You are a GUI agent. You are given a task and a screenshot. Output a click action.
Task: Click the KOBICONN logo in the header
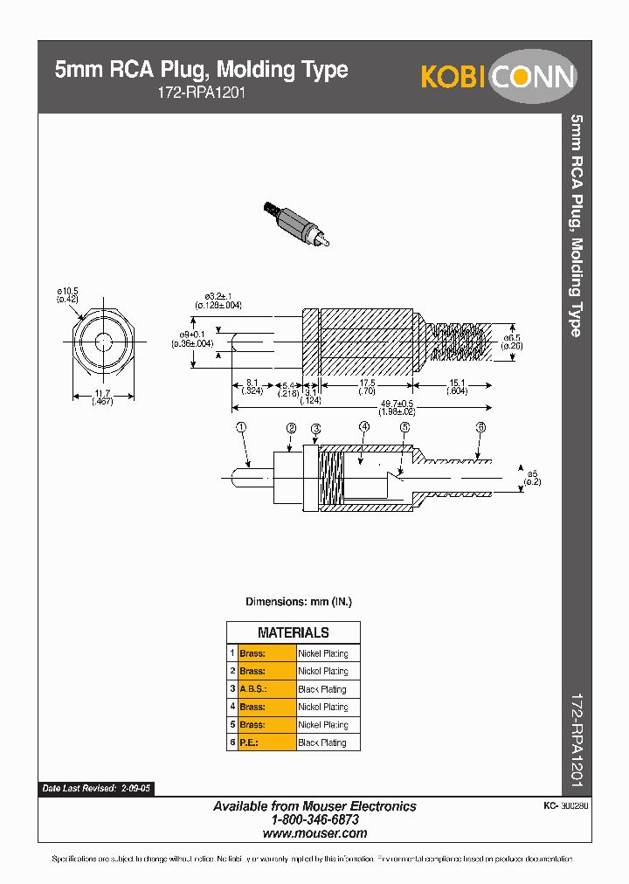coord(498,77)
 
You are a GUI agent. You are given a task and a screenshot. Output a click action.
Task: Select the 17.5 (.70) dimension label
coord(367,387)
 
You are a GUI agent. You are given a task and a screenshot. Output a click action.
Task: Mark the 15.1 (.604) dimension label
coord(456,387)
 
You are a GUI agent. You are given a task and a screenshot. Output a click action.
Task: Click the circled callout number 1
coord(242,427)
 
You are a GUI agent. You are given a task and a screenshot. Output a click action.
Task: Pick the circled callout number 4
coord(364,427)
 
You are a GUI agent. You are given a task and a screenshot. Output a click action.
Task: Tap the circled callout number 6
coord(480,427)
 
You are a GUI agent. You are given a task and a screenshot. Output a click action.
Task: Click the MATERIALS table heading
coord(294,632)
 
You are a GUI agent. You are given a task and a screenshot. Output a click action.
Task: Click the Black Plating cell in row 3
coord(322,689)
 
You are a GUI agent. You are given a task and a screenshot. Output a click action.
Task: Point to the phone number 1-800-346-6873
coord(314,820)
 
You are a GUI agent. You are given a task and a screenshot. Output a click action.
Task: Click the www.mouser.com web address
coord(314,833)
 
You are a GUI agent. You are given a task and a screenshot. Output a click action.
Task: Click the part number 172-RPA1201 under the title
coord(192,92)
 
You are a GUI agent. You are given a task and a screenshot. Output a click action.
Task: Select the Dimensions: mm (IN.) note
coord(298,602)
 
